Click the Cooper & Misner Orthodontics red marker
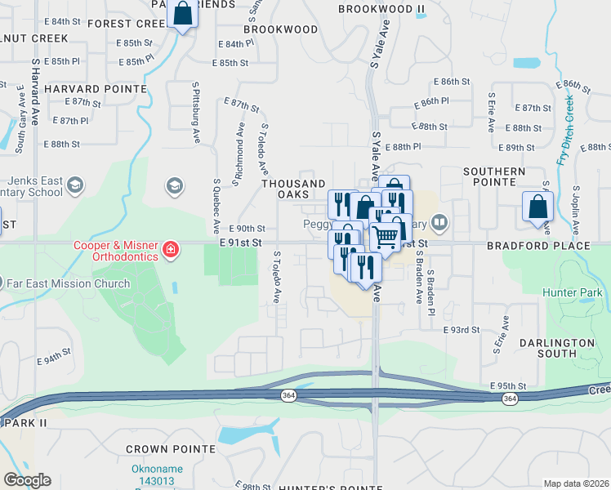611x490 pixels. [171, 249]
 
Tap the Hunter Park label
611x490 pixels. [572, 292]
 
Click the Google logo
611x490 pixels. [27, 480]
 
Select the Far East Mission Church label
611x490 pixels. [69, 283]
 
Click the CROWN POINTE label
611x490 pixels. [171, 449]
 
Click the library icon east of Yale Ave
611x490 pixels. [439, 221]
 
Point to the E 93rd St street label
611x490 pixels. [461, 330]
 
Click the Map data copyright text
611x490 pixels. [576, 483]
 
